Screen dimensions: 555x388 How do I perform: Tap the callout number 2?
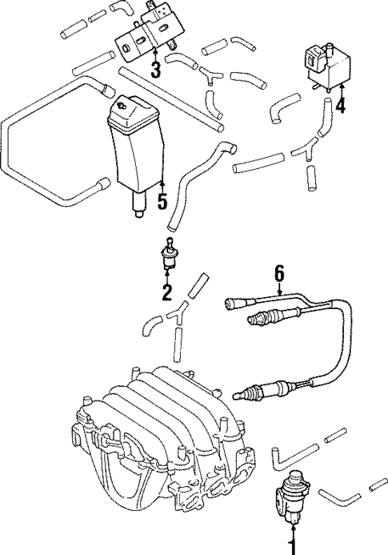(x=167, y=293)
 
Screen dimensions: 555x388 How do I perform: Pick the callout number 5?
(x=162, y=201)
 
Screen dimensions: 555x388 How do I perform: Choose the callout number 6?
(x=278, y=275)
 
